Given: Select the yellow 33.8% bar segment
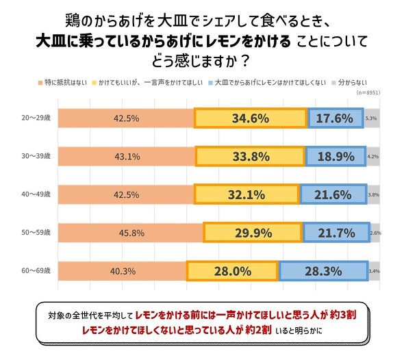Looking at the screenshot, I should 251,156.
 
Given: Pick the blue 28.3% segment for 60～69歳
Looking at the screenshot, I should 323,271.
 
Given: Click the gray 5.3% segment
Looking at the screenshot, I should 372,118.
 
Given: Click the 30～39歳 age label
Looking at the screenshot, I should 34,156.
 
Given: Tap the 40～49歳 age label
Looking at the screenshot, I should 34,194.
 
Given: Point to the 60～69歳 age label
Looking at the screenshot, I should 34,271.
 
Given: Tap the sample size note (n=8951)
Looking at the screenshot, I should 370,92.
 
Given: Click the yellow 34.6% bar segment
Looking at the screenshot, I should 250,118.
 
